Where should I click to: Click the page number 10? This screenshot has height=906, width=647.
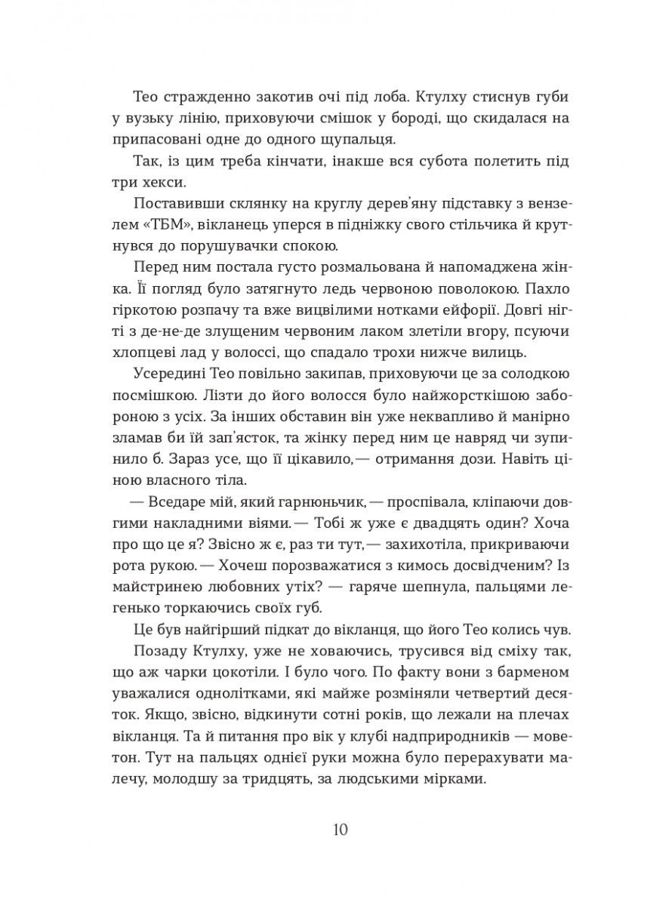coord(339,831)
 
